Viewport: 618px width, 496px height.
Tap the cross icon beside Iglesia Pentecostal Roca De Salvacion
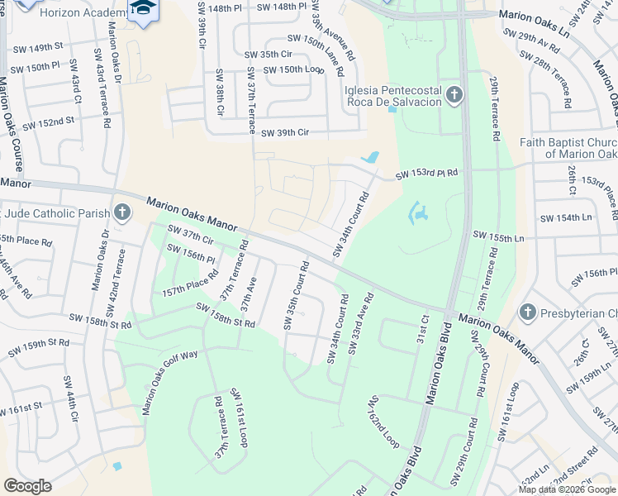[454, 96]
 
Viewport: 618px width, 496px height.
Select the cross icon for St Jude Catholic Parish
[121, 213]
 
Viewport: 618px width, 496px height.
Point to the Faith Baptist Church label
[568, 148]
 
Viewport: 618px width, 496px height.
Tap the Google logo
[27, 486]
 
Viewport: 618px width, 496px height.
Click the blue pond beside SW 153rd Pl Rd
[372, 157]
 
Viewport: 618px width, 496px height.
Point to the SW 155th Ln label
[498, 237]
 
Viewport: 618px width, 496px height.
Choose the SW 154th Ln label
[566, 217]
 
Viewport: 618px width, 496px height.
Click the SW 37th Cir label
[191, 235]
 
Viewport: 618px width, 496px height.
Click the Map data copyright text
[567, 489]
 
